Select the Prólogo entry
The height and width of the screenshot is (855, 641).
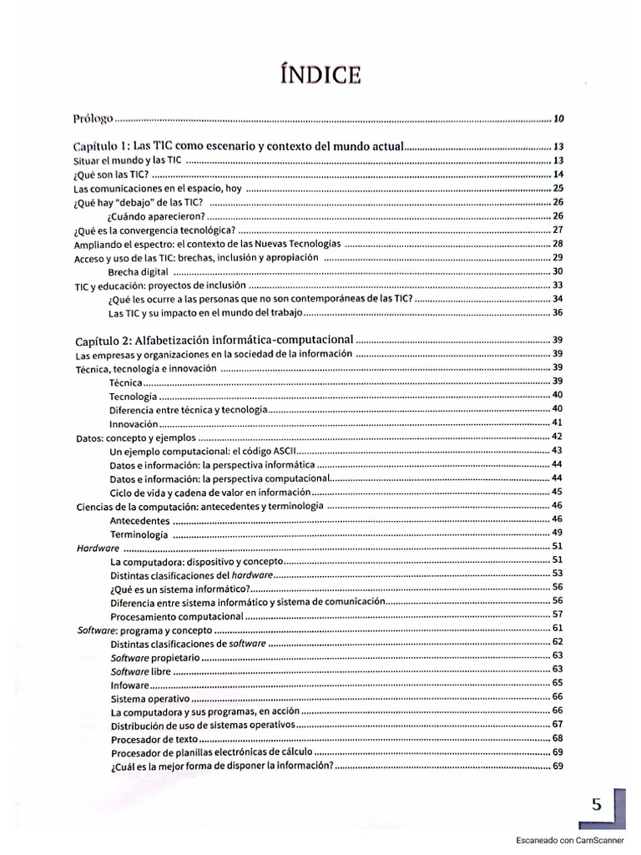93,118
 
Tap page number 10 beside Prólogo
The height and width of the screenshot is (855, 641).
559,118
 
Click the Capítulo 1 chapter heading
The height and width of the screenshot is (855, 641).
239,145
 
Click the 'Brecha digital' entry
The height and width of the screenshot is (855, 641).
139,271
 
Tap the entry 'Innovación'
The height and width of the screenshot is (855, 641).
134,423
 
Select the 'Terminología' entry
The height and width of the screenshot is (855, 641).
139,534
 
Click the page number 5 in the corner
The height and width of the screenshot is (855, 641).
597,805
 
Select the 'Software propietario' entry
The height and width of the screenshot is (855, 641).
155,656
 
